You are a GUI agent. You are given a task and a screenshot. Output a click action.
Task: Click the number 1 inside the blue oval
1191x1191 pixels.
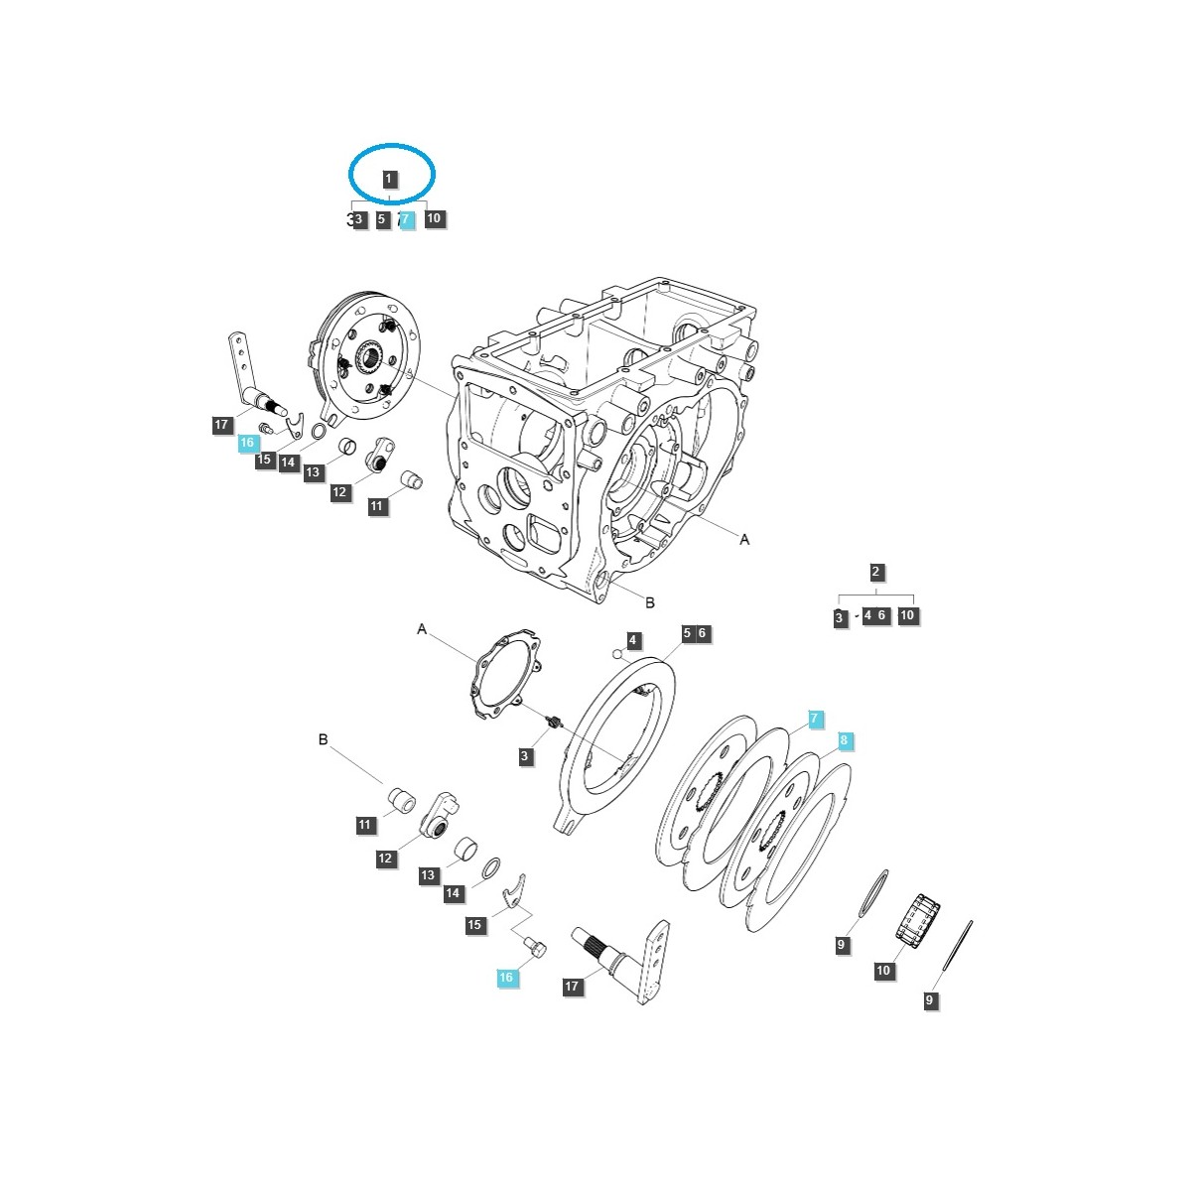click(x=389, y=180)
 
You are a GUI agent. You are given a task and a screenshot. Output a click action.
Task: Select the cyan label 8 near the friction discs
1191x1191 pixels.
click(x=844, y=740)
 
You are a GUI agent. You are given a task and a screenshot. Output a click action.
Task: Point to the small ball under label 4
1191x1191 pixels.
click(x=617, y=654)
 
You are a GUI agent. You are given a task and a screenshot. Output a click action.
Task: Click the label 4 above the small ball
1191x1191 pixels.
click(x=633, y=640)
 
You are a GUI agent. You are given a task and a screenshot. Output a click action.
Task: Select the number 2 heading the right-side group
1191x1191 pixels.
click(x=875, y=572)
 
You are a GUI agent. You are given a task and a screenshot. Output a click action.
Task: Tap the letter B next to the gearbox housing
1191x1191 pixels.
click(x=650, y=602)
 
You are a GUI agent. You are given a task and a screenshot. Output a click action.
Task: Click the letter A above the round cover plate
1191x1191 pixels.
click(x=422, y=629)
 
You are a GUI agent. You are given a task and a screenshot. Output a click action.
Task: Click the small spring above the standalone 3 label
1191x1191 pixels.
click(x=556, y=722)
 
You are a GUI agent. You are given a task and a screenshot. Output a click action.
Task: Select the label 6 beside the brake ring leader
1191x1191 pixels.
click(x=702, y=633)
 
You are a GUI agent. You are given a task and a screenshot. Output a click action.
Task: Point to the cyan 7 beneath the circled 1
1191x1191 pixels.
click(x=405, y=219)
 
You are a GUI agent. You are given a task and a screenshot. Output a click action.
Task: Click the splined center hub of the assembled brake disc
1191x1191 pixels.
click(x=373, y=354)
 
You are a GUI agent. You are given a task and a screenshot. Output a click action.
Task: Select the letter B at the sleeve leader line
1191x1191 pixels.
click(x=323, y=739)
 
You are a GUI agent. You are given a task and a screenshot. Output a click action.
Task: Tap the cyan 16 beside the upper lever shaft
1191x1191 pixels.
click(x=247, y=444)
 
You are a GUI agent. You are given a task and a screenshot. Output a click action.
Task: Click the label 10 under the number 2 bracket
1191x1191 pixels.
click(x=906, y=615)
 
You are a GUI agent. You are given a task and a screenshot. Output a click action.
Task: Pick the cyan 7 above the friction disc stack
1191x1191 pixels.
click(x=814, y=719)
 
